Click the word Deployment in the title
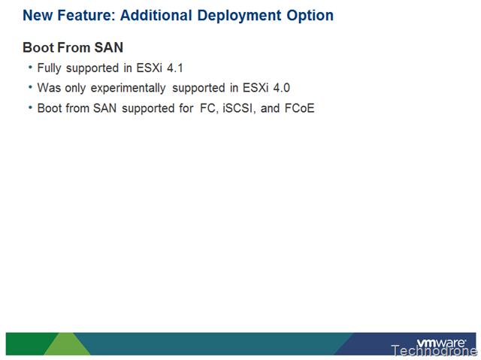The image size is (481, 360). pos(239,16)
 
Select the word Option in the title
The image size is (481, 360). pos(310,15)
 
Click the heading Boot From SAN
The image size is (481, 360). pos(73,47)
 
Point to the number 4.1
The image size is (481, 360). pos(175,68)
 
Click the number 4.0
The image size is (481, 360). pos(282,88)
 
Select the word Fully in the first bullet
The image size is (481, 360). pos(49,68)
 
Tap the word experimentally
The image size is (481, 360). pos(129,89)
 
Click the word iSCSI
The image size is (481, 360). pos(239,108)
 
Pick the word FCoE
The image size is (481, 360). pos(299,108)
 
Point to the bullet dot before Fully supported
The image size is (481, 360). pos(30,67)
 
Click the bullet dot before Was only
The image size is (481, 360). pos(30,87)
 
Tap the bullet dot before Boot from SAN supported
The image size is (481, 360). pos(30,107)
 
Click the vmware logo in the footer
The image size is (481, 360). pos(441,342)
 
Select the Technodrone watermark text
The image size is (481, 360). pos(434,350)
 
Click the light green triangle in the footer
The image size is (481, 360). pos(67,343)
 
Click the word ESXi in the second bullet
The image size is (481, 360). pos(256,88)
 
